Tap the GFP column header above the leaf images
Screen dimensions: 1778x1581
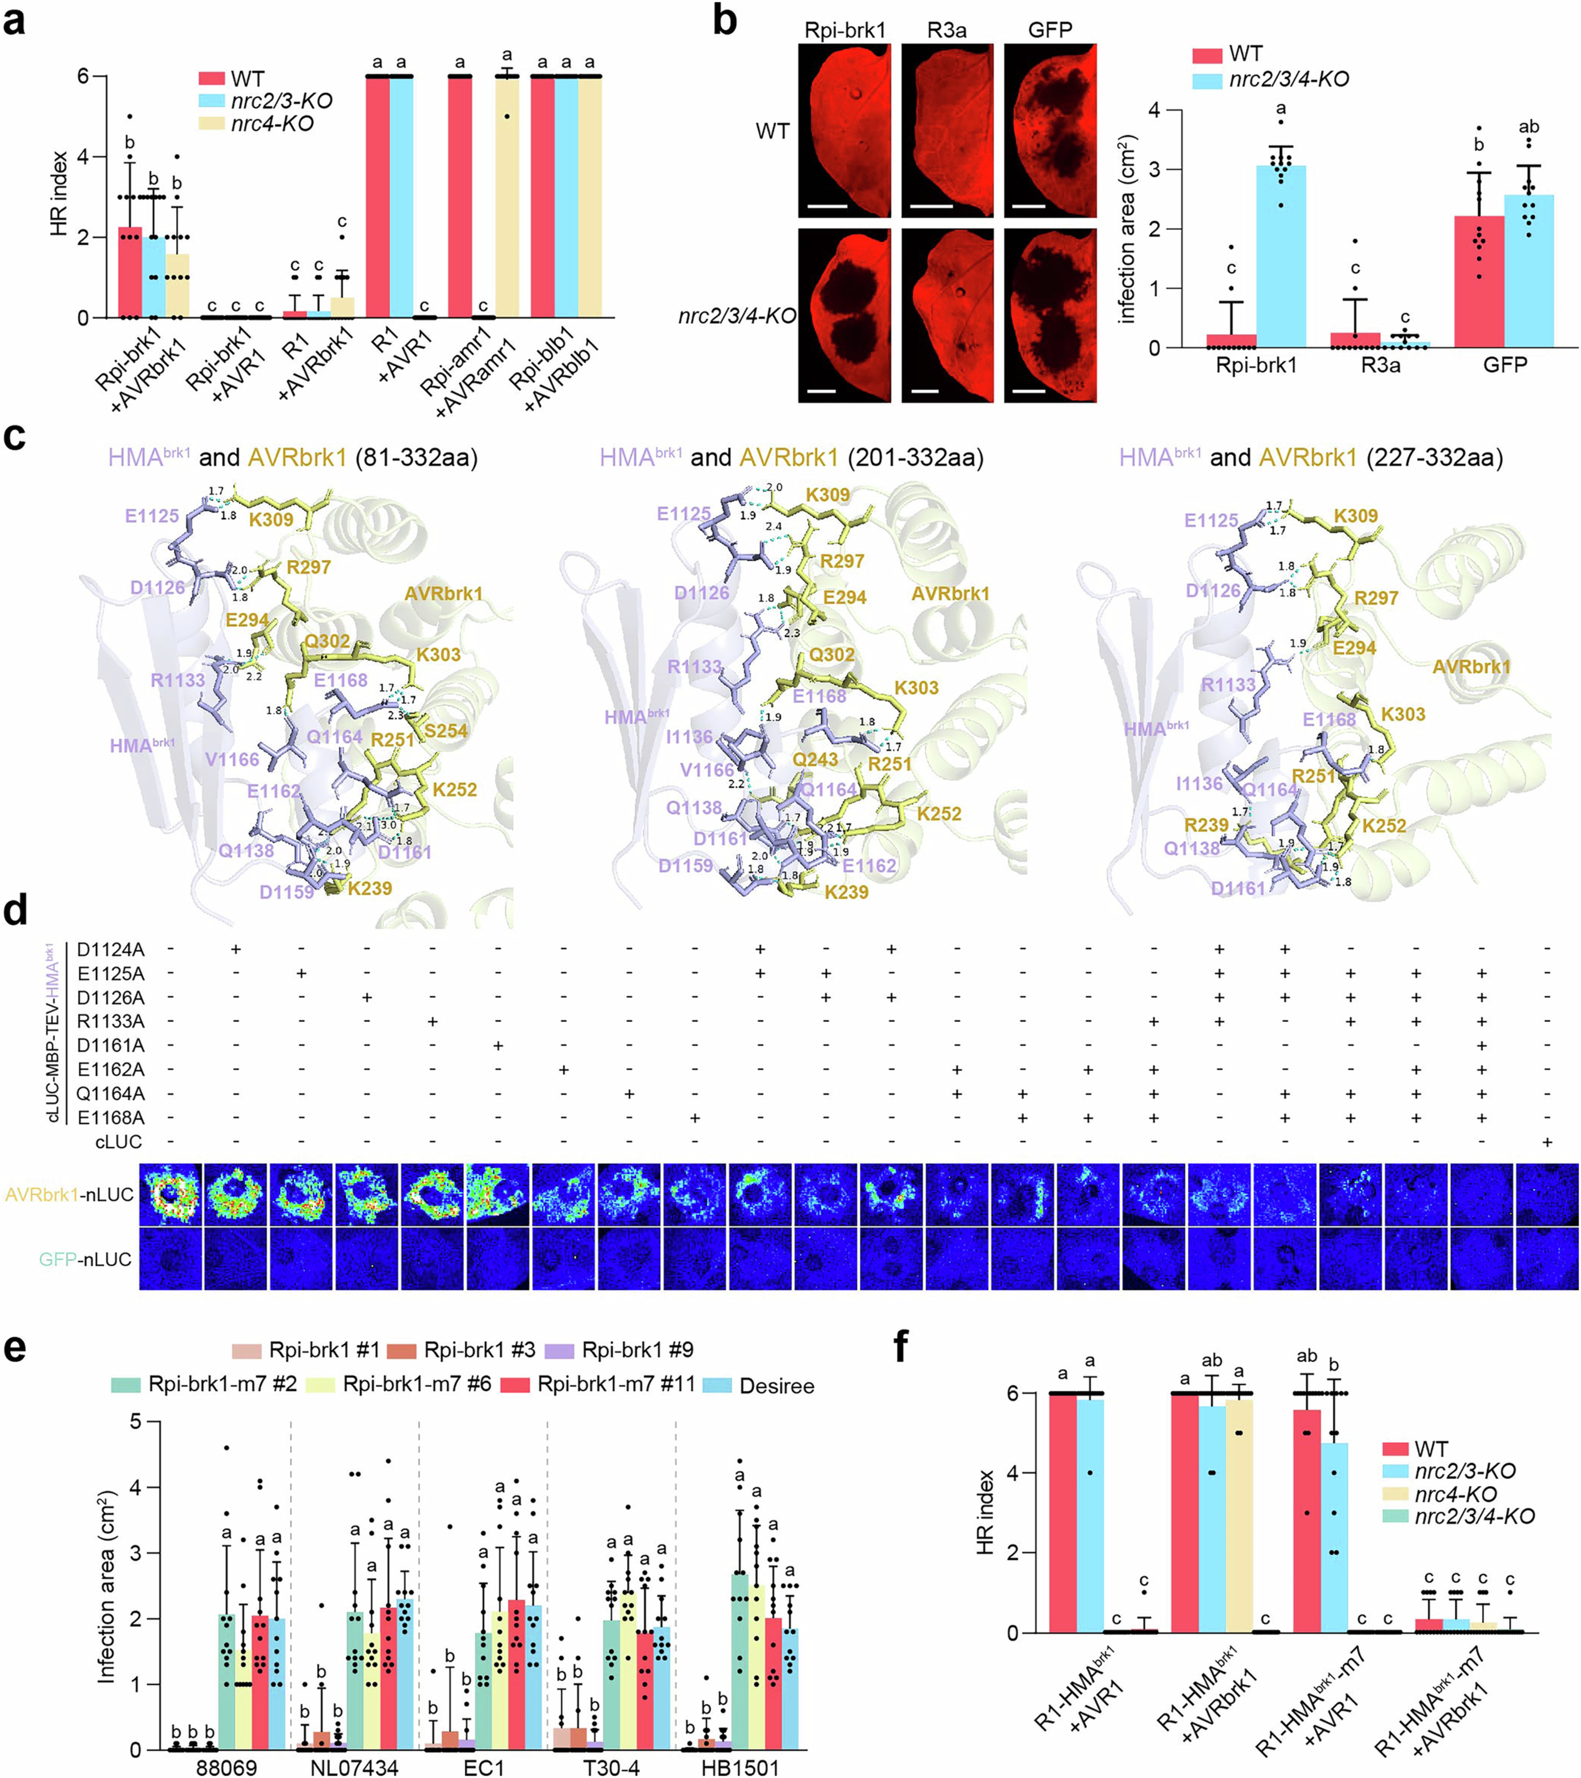[1050, 31]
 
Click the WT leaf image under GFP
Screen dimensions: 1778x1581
[1050, 130]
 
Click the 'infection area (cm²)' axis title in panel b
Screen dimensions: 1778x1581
[1128, 229]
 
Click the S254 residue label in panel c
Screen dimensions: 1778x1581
[445, 731]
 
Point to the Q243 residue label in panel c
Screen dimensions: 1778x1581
[815, 759]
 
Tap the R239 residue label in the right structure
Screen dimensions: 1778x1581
[1206, 825]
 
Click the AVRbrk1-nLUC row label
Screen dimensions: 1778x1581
[70, 1194]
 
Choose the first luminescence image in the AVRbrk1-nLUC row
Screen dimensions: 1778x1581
[170, 1194]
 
